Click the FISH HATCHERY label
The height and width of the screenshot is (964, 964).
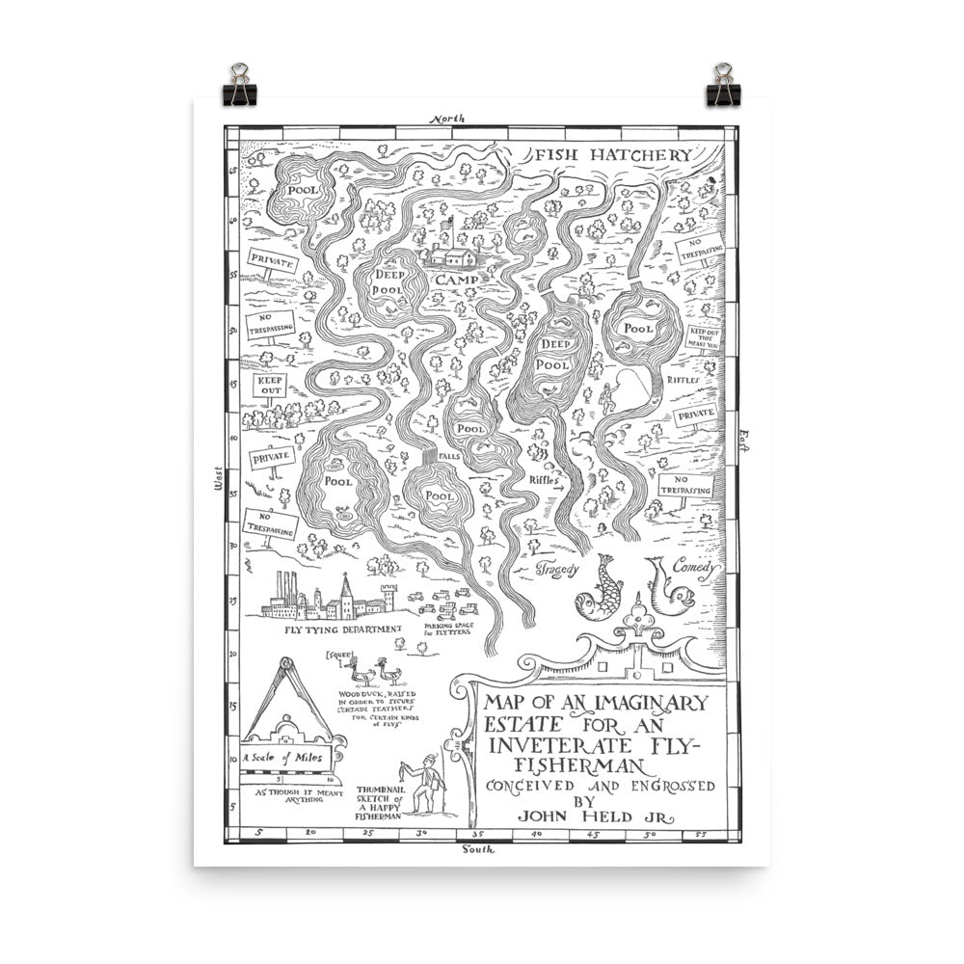click(613, 155)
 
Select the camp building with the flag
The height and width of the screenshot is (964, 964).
click(453, 253)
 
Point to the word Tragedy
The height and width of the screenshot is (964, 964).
click(557, 569)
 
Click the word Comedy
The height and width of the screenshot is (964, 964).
click(696, 568)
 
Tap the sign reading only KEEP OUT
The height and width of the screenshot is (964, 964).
click(270, 386)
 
